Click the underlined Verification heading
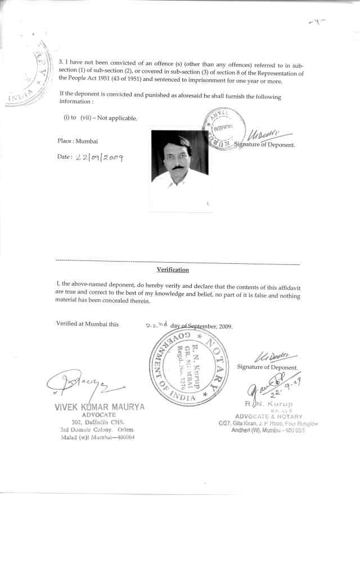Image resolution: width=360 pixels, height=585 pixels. [x=173, y=269]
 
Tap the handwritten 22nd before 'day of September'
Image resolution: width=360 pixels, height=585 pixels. [x=153, y=325]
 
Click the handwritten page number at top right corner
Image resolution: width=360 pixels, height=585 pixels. [x=317, y=22]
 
